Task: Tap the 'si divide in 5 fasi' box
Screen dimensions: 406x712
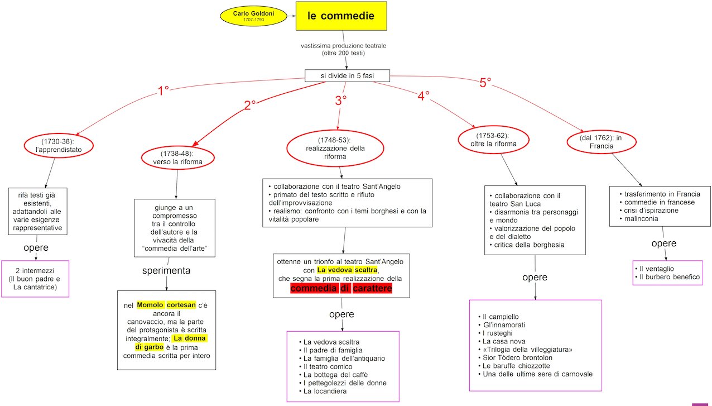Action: point(347,75)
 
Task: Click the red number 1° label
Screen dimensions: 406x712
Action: point(163,90)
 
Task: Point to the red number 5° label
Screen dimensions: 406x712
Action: point(485,83)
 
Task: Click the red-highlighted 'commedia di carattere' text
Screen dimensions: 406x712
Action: point(341,288)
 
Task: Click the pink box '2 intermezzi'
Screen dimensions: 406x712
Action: point(35,279)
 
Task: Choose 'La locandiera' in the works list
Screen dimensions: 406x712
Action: point(325,391)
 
